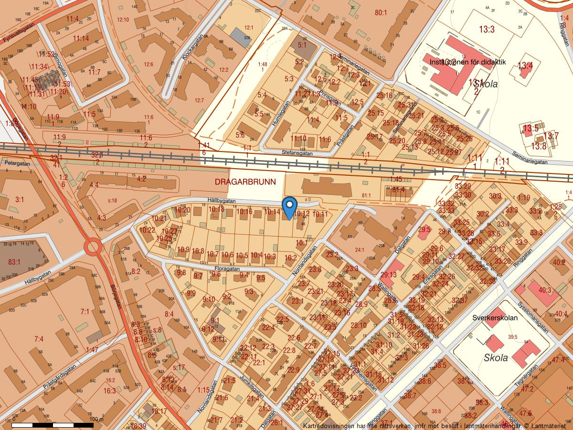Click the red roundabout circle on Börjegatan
(93, 247)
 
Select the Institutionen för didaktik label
(467, 62)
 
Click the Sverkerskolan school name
(495, 318)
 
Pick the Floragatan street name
(227, 269)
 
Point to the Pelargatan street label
(17, 163)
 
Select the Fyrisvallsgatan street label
(20, 33)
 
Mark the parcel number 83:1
(14, 262)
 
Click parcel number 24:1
(360, 249)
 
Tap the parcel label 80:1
(381, 12)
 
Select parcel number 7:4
(39, 339)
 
